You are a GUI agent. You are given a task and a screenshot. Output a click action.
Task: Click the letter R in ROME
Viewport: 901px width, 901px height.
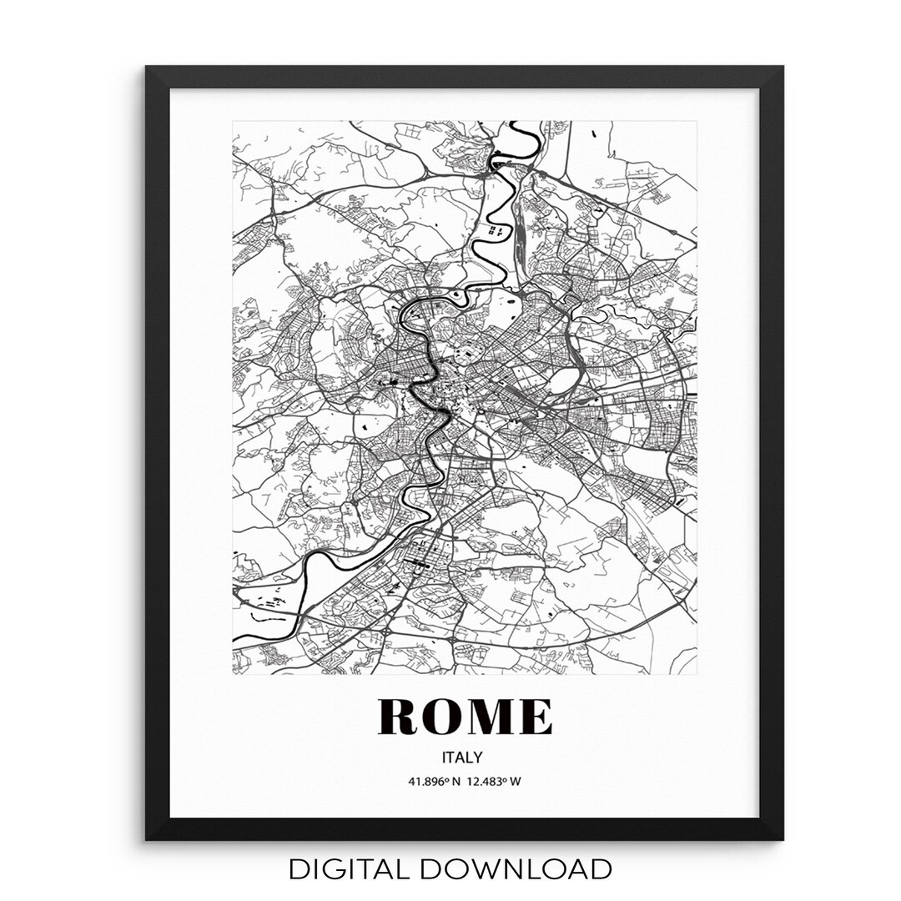pyautogui.click(x=399, y=717)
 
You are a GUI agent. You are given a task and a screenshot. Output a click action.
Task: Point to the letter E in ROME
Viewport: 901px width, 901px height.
pyautogui.click(x=535, y=717)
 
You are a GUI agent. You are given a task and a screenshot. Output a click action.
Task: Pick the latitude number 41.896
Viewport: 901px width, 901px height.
pyautogui.click(x=423, y=782)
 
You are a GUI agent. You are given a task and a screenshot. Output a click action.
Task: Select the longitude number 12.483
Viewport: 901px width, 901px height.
pyautogui.click(x=485, y=782)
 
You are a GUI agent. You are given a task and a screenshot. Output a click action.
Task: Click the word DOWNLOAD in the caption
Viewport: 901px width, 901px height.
pyautogui.click(x=516, y=869)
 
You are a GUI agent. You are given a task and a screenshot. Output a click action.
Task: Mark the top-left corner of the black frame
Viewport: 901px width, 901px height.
pyautogui.click(x=148, y=68)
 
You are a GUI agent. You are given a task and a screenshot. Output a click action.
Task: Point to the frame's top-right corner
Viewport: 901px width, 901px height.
pyautogui.click(x=782, y=68)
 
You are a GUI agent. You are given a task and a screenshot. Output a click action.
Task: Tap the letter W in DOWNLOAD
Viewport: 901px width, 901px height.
pyautogui.click(x=482, y=869)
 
